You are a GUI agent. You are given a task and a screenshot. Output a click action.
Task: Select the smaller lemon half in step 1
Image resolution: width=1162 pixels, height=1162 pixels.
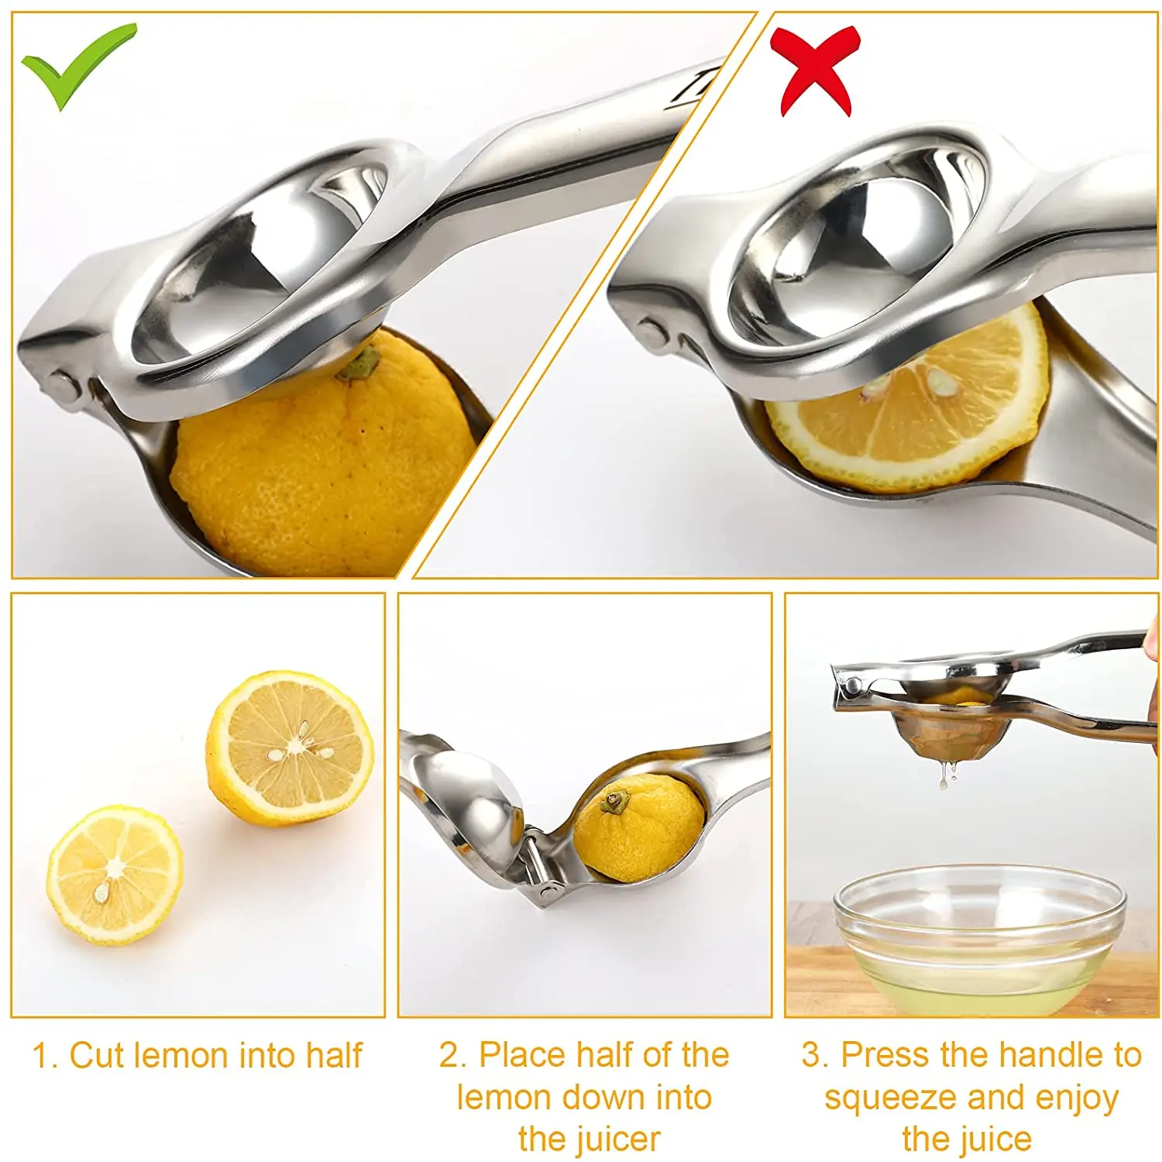(115, 874)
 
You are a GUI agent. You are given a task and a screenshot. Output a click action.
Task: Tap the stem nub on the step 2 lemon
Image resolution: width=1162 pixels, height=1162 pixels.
(616, 799)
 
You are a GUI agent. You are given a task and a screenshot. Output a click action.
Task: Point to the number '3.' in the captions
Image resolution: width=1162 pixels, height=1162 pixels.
(815, 1055)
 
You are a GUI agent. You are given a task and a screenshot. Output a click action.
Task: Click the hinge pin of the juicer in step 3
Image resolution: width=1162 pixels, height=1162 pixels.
(852, 685)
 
